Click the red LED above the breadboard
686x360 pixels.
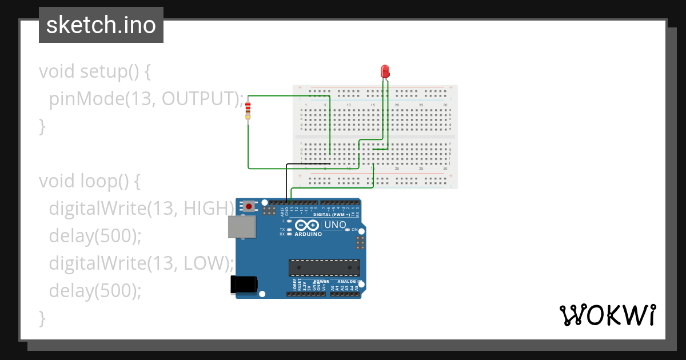pos(385,71)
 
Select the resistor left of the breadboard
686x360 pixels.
pos(248,110)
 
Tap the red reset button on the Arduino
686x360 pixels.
pos(249,206)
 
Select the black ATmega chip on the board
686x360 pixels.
pos(324,267)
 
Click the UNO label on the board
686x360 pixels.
pos(335,225)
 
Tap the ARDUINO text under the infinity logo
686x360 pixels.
pos(308,234)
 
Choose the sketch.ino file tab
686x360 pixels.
pos(101,25)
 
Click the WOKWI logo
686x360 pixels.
pos(607,315)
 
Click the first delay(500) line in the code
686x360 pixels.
pos(94,235)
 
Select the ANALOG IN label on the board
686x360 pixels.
pos(347,282)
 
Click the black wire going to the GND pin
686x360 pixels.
pos(286,183)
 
